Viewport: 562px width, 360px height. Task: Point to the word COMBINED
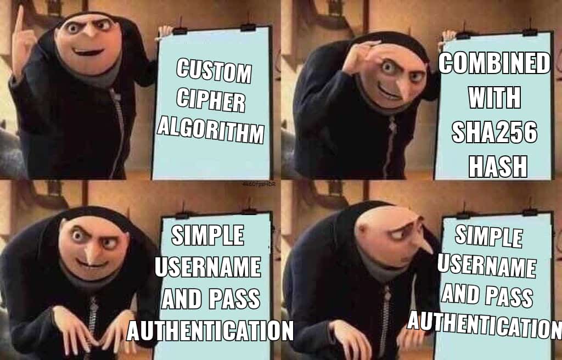[x=494, y=63]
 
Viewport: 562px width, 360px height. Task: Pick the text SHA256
[x=494, y=132]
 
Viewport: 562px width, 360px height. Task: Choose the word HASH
[x=498, y=166]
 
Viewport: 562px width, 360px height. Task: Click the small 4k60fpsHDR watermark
[x=258, y=184]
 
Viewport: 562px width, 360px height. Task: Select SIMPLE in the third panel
[x=207, y=235]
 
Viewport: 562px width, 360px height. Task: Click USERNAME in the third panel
[x=208, y=267]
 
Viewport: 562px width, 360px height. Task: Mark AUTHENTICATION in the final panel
[x=485, y=324]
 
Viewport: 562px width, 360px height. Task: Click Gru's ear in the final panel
[x=363, y=229]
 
